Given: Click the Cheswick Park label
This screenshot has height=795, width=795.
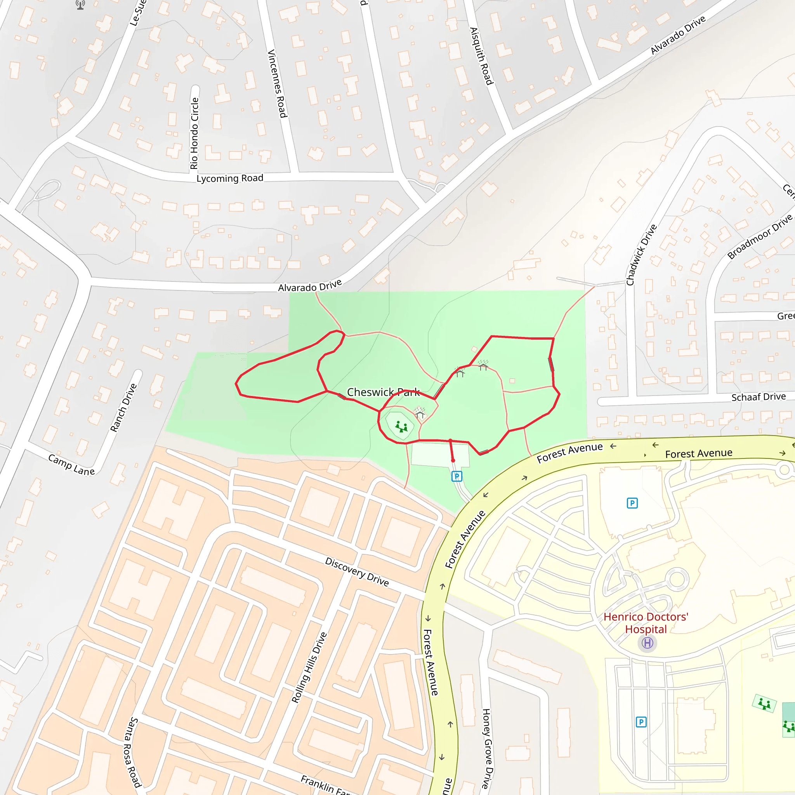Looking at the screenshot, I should [383, 392].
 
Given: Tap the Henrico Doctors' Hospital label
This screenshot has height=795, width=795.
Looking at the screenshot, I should [646, 623].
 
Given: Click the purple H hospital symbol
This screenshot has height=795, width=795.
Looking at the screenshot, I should [647, 643].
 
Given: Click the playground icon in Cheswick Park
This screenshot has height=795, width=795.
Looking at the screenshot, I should [401, 427].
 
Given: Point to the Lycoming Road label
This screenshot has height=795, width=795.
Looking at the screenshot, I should [230, 178].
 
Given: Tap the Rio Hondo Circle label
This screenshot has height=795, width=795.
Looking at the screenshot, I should [194, 133].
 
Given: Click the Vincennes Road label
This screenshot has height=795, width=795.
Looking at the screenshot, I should [277, 83].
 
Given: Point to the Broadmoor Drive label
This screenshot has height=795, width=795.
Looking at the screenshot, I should [760, 237].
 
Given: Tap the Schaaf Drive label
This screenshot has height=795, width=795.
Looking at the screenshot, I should [759, 397].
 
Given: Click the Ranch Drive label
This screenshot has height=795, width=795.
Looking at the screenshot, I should [123, 407].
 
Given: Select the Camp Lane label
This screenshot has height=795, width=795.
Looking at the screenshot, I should [71, 465].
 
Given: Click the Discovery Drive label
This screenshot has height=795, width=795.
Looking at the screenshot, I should [357, 571].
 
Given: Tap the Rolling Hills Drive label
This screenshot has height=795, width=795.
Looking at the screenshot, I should [309, 667].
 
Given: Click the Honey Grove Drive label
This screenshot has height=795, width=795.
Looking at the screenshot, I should [487, 748].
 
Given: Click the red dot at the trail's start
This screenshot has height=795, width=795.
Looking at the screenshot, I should [453, 460].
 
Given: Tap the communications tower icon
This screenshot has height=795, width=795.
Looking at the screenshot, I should [80, 5].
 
